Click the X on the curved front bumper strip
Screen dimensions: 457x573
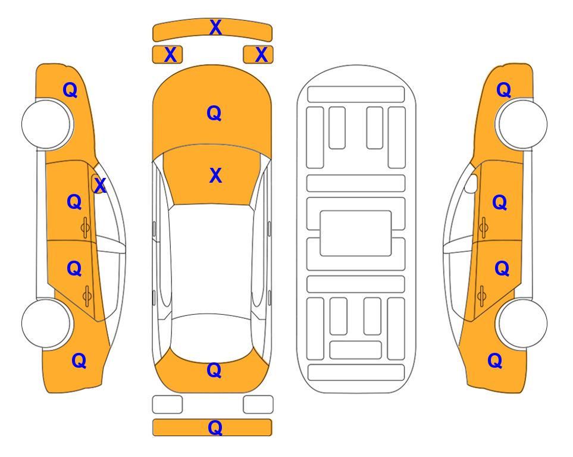tap(215, 27)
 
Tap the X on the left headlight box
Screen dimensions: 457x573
tap(170, 55)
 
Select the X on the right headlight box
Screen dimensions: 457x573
tap(261, 55)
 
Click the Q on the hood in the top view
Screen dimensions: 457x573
tap(214, 113)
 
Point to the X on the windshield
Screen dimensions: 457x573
tap(215, 176)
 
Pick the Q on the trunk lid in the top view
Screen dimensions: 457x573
tap(214, 370)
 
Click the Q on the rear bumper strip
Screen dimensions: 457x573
tap(215, 427)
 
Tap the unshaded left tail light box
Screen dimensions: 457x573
tap(167, 405)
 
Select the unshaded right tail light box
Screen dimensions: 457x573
tap(258, 405)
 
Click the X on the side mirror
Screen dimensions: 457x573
tap(99, 186)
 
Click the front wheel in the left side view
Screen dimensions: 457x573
tap(46, 124)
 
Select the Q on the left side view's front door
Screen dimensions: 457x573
tap(74, 202)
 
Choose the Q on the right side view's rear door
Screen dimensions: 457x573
tap(502, 269)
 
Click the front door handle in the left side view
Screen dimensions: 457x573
tap(86, 227)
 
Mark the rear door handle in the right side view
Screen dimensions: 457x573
tap(483, 293)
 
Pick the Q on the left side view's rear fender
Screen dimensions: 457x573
tap(79, 360)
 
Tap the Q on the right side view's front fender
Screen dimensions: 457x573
tap(503, 90)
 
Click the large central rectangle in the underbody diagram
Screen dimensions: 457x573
tap(356, 233)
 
